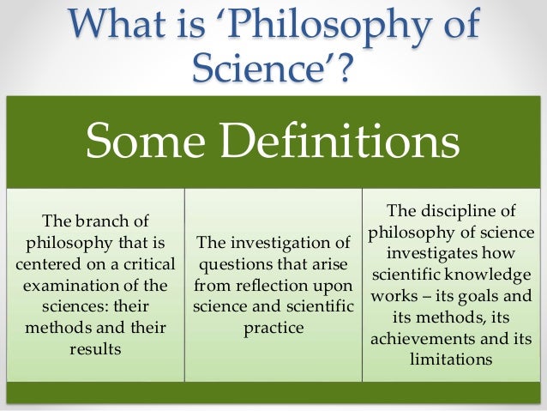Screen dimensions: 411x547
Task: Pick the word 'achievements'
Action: (x=418, y=337)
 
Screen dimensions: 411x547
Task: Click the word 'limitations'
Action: (x=451, y=359)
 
